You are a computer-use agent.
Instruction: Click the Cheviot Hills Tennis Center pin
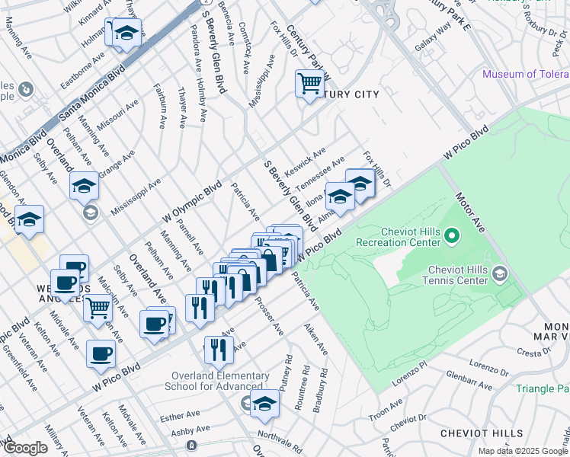(500, 273)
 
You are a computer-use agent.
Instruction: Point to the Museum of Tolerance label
(525, 75)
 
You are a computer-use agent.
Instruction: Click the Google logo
(25, 448)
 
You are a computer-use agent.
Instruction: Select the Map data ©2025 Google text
(524, 451)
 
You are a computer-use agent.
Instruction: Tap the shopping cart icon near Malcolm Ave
(98, 308)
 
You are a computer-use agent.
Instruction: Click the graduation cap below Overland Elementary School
(265, 404)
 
